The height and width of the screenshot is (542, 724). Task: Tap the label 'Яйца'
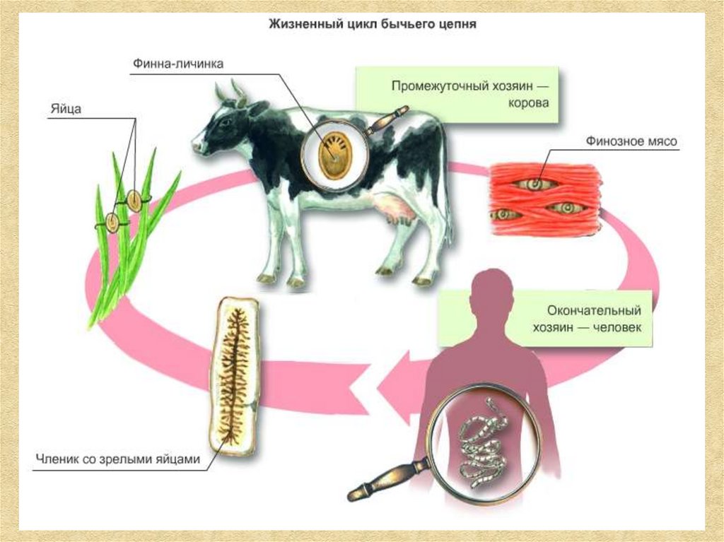pos(64,109)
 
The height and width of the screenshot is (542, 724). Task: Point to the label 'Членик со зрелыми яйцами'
pos(117,459)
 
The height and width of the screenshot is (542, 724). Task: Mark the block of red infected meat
pos(545,199)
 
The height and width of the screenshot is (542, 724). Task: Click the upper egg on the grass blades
pos(134,198)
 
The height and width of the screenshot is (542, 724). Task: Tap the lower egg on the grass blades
pos(112,221)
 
